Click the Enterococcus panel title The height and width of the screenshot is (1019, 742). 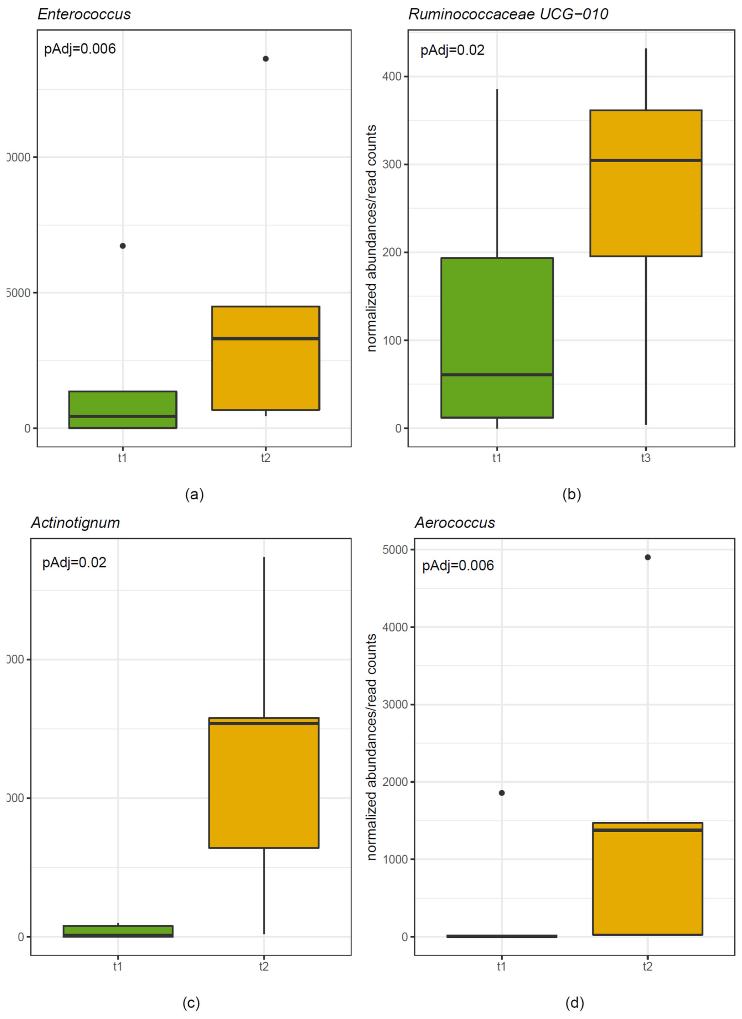pos(84,14)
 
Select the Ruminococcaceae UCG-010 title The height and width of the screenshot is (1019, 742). pos(508,14)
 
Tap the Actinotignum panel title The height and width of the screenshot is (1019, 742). pos(75,523)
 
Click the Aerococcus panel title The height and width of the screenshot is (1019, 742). pos(455,523)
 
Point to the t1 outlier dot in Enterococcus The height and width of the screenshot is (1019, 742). pos(123,246)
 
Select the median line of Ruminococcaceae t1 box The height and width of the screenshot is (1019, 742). pos(497,374)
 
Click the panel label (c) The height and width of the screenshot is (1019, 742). pos(191,1003)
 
